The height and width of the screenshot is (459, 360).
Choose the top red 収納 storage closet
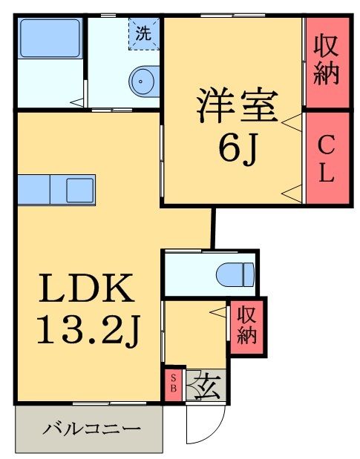pyautogui.click(x=326, y=61)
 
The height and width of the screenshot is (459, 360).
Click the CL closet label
pyautogui.click(x=326, y=158)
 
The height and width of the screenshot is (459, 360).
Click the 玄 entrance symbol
pyautogui.click(x=206, y=386)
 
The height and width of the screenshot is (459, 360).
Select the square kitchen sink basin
pyautogui.click(x=79, y=190)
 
